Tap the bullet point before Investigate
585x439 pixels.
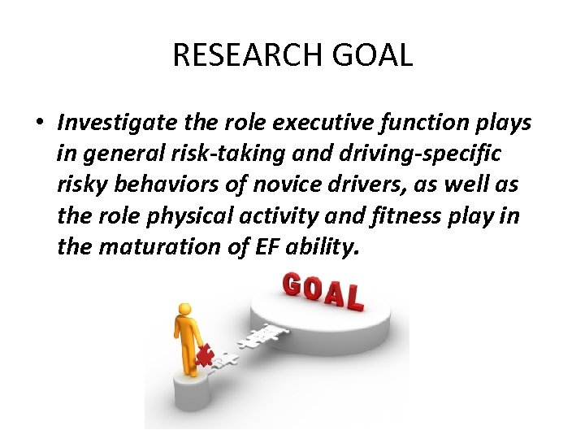coord(39,124)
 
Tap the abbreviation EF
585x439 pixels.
coord(252,246)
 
